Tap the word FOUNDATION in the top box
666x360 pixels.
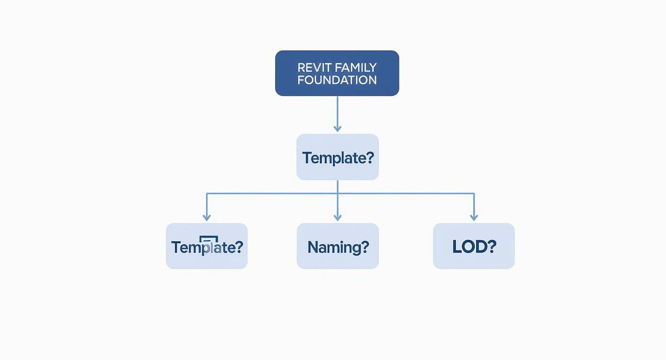(x=337, y=80)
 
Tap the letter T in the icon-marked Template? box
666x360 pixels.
(x=176, y=247)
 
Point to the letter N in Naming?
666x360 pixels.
(x=313, y=247)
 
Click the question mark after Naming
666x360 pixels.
(x=364, y=247)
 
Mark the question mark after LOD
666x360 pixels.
(x=491, y=247)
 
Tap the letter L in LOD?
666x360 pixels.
(x=456, y=247)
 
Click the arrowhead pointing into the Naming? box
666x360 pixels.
(x=337, y=217)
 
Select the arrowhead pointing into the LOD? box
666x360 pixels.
(x=474, y=217)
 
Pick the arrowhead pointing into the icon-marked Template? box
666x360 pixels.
(x=207, y=217)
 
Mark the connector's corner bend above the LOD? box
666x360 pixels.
(x=474, y=194)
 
